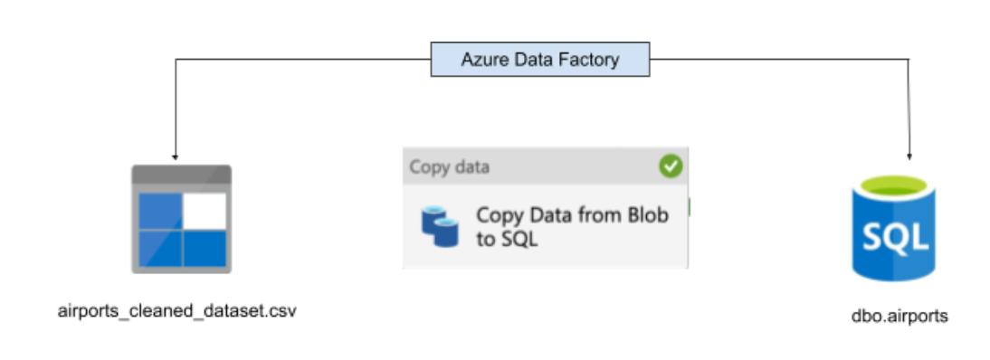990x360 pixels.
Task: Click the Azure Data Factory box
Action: [540, 60]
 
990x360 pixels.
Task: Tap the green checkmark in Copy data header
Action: [671, 166]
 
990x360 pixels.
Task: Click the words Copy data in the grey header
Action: [449, 167]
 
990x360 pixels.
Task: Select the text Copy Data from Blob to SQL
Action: [572, 226]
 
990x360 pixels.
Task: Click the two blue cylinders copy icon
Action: [440, 226]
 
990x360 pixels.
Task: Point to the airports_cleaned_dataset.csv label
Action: [176, 311]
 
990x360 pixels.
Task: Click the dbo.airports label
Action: [900, 316]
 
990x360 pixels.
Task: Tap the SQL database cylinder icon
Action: [893, 228]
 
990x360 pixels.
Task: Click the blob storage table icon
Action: [181, 219]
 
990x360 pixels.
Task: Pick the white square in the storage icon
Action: [205, 211]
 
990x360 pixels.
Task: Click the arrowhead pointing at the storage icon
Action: [175, 156]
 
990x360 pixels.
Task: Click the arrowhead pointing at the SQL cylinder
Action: [909, 156]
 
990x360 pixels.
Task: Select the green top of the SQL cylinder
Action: [893, 187]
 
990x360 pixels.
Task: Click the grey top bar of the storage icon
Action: [181, 175]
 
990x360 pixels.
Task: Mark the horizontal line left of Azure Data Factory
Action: [303, 60]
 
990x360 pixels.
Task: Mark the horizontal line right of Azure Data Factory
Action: [780, 60]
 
